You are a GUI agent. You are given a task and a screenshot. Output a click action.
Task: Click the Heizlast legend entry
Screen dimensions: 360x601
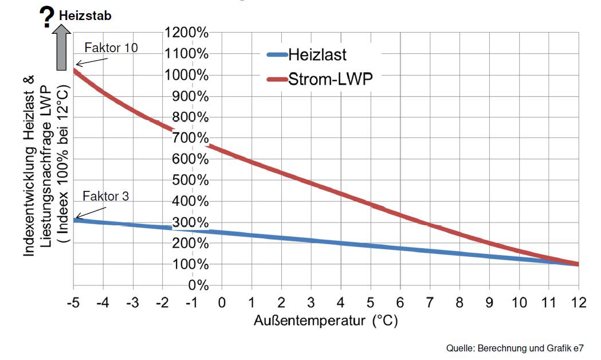317,55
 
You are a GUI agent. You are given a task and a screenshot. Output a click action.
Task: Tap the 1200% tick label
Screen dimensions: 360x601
186,33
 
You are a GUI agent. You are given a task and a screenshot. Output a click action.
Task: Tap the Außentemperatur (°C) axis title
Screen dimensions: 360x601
325,320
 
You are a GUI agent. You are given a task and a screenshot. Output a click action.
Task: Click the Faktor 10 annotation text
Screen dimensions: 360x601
111,48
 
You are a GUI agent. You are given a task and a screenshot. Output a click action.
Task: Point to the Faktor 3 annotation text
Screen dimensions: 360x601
106,197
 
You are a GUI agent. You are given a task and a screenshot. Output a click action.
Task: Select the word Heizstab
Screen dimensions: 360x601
85,15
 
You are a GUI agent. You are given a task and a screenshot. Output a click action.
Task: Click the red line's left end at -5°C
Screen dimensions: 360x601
74,71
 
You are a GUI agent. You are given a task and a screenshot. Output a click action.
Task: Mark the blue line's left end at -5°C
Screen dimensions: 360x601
74,219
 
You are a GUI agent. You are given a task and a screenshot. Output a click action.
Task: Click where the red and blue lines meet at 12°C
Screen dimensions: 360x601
578,264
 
